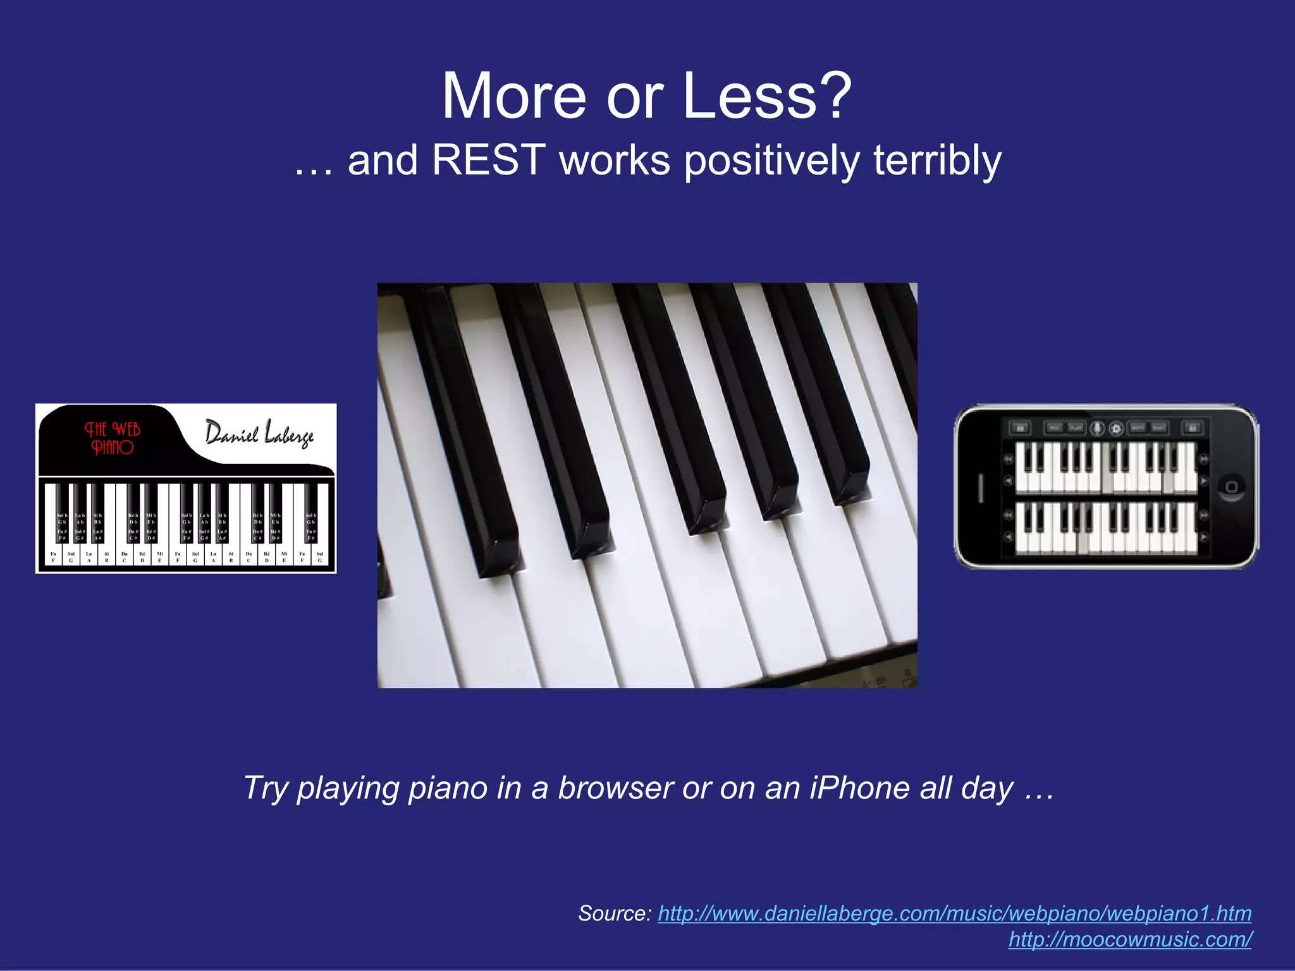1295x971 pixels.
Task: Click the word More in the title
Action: tap(513, 96)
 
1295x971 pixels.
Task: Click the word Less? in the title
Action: tap(767, 96)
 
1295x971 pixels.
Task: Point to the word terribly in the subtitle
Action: tap(937, 160)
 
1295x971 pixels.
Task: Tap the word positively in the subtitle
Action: tap(771, 161)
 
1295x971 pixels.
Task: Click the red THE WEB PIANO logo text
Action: tap(112, 438)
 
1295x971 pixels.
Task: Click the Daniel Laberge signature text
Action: tap(259, 434)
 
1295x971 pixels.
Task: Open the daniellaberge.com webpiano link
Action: tap(954, 913)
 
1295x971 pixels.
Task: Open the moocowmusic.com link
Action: tap(1130, 939)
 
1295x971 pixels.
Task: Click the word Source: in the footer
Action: tap(614, 913)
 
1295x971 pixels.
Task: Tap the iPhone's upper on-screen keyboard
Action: tap(1105, 467)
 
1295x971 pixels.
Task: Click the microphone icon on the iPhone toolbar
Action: tap(1098, 429)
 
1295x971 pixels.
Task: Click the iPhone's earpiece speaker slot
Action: tap(981, 487)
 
